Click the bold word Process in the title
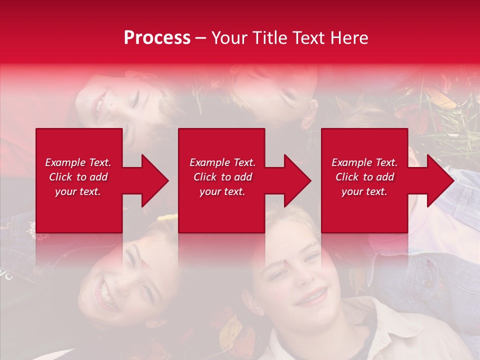(x=157, y=38)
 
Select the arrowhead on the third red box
(x=437, y=180)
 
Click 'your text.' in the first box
(x=78, y=191)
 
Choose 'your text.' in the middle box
(x=222, y=191)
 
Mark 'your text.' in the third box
(x=364, y=191)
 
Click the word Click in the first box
(x=60, y=177)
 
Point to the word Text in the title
(x=307, y=38)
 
